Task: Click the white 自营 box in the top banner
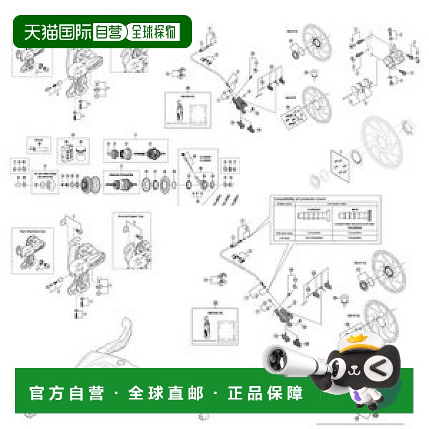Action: [109, 32]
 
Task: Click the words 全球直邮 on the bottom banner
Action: [166, 393]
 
